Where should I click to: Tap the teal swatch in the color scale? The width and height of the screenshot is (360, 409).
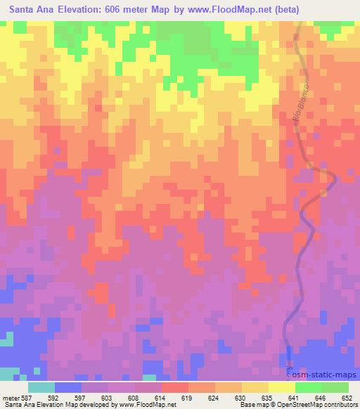coord(41,387)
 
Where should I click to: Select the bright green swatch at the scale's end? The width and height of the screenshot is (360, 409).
coord(335,387)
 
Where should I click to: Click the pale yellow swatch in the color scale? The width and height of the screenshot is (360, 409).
coord(283,387)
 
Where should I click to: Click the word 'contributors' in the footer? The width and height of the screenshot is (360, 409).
coord(338,405)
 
